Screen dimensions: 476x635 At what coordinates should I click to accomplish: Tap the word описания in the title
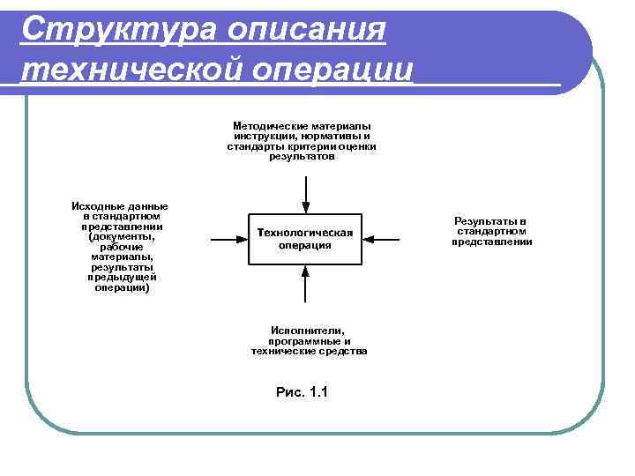pos(305,29)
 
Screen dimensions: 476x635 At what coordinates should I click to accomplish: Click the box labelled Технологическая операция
pos(304,238)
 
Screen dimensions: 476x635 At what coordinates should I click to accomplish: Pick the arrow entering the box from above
pos(304,194)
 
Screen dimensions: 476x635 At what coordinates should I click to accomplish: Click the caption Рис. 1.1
pos(302,391)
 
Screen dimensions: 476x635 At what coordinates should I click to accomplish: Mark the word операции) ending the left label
pos(122,287)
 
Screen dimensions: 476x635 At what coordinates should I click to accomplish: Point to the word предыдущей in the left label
pos(122,277)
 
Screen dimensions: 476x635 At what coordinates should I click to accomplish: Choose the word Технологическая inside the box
pos(304,232)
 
